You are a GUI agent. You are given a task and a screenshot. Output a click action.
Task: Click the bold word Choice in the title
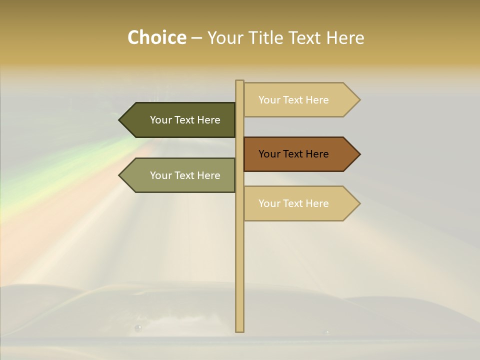click(156, 37)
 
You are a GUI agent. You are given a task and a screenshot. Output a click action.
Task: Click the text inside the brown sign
click(293, 154)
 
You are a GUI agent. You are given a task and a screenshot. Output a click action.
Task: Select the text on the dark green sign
click(185, 120)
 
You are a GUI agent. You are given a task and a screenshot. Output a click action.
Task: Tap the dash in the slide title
click(196, 38)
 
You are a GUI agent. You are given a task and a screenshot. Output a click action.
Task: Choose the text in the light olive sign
click(185, 175)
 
